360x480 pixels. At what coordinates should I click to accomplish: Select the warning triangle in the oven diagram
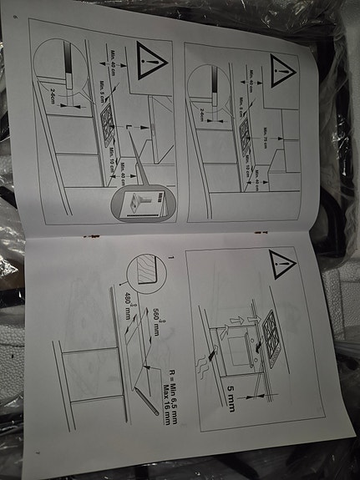[283, 265]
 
